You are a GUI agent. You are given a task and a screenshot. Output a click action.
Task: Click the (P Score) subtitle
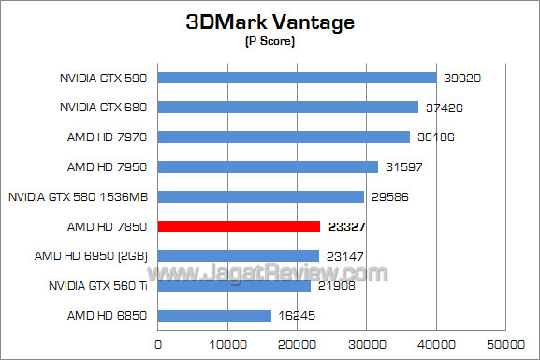(x=270, y=42)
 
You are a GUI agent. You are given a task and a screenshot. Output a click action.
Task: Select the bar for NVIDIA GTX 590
(x=298, y=78)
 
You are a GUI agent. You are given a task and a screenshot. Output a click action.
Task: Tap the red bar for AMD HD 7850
(x=240, y=226)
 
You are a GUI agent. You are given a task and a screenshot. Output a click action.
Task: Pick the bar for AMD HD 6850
(x=214, y=315)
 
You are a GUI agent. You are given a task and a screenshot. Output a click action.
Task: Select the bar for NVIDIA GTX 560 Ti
(x=234, y=285)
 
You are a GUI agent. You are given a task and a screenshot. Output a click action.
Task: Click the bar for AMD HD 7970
(x=285, y=137)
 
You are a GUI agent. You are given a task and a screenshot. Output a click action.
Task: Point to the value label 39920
(x=461, y=78)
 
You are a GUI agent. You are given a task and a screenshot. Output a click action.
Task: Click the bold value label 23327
(x=346, y=226)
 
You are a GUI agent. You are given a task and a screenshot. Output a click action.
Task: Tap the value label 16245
(x=297, y=315)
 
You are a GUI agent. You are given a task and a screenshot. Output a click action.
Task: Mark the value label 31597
(x=403, y=166)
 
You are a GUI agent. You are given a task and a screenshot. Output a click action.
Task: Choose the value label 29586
(x=389, y=196)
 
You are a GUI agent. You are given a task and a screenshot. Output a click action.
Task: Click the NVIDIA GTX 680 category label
(x=109, y=107)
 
